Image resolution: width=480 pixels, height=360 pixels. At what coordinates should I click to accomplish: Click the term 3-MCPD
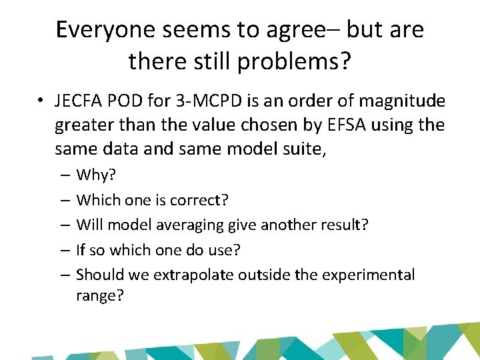tap(199, 102)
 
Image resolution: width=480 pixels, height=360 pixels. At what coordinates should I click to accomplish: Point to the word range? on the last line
tap(100, 295)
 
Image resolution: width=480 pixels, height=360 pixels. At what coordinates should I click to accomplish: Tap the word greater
tap(83, 126)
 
